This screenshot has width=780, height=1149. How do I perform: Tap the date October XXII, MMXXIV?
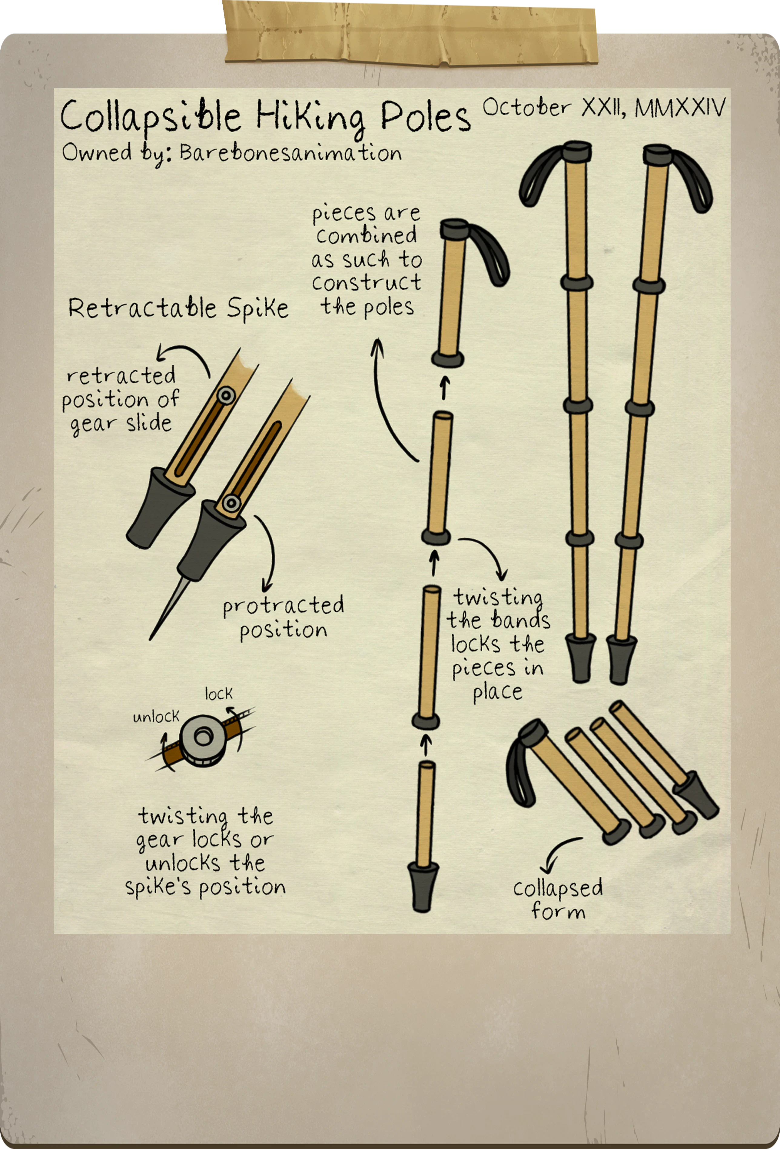click(604, 108)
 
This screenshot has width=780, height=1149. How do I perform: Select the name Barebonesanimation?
click(291, 152)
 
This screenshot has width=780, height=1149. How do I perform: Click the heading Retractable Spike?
click(178, 308)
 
